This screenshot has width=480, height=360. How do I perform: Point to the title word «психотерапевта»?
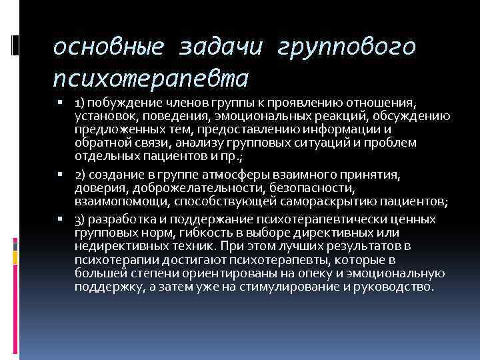point(151,79)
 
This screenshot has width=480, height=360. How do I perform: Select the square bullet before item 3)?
point(60,219)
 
